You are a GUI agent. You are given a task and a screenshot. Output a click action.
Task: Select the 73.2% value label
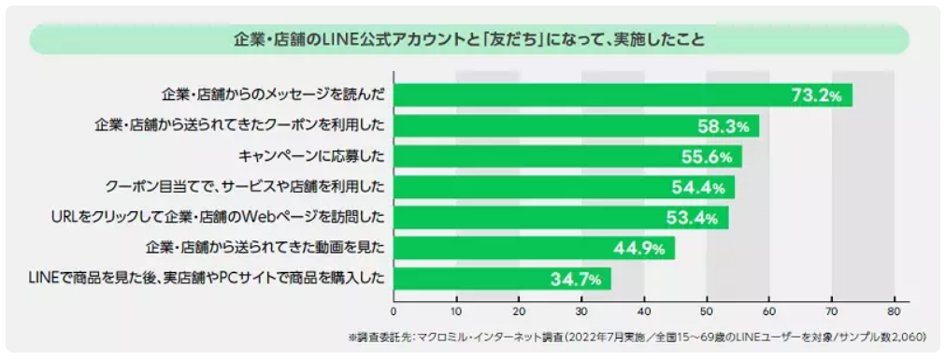[x=816, y=95]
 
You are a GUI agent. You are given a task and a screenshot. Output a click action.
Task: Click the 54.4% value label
[x=698, y=187]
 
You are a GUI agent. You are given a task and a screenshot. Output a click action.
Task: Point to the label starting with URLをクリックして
[x=219, y=218]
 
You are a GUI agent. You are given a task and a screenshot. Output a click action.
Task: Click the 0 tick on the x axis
[x=394, y=311]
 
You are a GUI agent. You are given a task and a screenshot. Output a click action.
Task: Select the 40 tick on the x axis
[x=643, y=311]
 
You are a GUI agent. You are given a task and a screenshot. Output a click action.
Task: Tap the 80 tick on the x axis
[x=894, y=311]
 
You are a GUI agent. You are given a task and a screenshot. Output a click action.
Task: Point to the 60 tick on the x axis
[x=768, y=311]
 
